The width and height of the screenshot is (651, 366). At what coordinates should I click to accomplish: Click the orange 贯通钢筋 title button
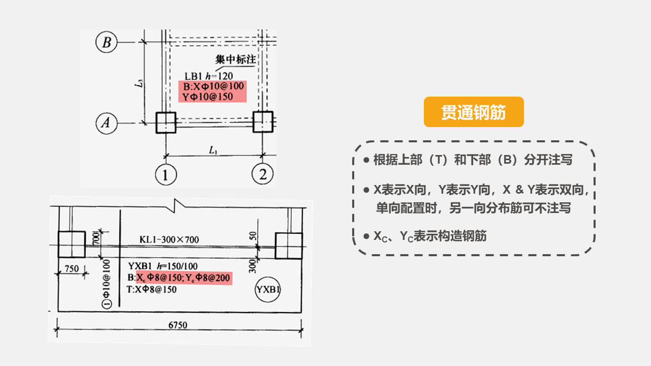pos(474,112)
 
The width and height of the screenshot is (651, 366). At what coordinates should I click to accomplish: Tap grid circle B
pos(106,42)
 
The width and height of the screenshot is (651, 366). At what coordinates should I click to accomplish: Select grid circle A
pos(106,123)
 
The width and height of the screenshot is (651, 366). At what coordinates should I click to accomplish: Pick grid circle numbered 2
pos(263,174)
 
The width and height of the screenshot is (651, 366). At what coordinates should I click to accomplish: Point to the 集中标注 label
pos(235,59)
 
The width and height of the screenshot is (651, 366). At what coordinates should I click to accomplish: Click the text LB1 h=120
pos(209,76)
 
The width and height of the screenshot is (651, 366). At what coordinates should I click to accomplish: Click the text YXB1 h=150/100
pos(163,266)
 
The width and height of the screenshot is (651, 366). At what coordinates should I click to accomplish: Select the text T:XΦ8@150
pos(151,290)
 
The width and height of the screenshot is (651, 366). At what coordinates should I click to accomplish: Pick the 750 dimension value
pos(72,268)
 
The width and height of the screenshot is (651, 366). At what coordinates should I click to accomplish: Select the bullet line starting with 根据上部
pos(473,160)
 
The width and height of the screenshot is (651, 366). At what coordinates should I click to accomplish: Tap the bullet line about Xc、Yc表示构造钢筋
pos(430,236)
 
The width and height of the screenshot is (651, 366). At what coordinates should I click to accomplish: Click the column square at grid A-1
pos(165,123)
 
